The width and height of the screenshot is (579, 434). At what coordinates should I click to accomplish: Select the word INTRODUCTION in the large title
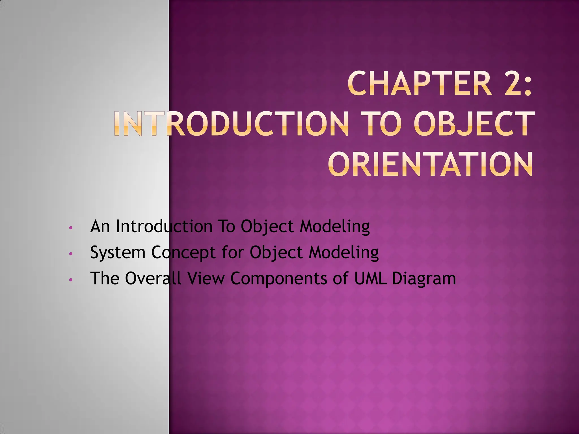(x=232, y=124)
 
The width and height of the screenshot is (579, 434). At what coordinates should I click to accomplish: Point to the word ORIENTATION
(x=431, y=164)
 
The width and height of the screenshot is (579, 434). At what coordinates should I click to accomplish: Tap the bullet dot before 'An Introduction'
(x=71, y=228)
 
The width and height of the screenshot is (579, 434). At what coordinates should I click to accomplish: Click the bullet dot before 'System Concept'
(x=71, y=254)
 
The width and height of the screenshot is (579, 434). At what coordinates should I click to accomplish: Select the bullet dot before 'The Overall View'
(x=71, y=280)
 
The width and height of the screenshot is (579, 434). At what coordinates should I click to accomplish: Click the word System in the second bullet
(x=118, y=252)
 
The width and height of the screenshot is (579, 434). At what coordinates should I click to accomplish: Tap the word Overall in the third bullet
(x=153, y=278)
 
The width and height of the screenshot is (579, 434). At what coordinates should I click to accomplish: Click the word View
(x=206, y=278)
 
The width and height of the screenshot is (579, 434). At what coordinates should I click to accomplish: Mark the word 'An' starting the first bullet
(x=100, y=226)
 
